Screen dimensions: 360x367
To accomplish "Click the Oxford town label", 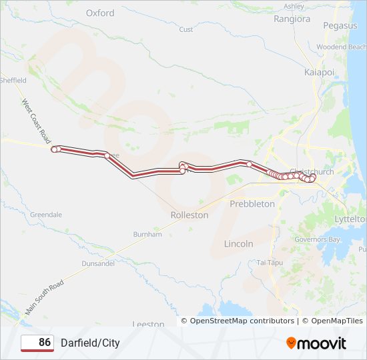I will (100, 13).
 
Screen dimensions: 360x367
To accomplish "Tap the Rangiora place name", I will (292, 19).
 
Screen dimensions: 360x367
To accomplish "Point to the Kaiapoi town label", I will (318, 71).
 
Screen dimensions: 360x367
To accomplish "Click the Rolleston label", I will (190, 215).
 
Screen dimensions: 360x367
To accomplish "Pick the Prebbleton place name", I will (252, 203).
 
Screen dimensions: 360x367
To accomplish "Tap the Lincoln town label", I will (239, 244).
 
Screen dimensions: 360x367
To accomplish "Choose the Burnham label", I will (147, 235).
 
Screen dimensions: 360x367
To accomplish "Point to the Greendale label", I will (46, 215).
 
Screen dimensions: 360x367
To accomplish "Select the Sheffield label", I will (13, 80).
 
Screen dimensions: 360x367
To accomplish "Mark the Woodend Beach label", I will (342, 47).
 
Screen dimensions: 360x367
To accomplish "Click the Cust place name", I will (186, 29).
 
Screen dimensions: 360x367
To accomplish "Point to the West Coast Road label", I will (36, 119).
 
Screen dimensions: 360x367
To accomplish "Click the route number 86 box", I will (37, 343).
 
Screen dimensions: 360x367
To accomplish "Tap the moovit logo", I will (316, 343).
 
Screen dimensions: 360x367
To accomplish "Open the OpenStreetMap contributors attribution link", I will (242, 321).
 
